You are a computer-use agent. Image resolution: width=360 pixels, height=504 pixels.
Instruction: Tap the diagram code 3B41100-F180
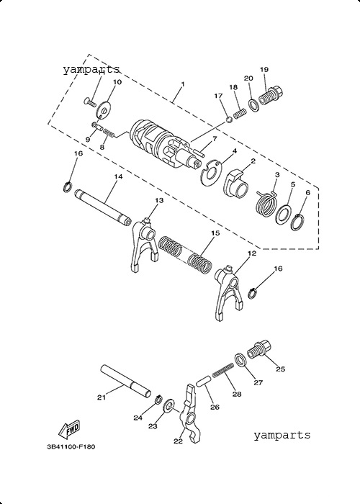pyautogui.click(x=71, y=446)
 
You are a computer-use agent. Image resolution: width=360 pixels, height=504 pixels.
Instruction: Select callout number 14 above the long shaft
pyautogui.click(x=118, y=176)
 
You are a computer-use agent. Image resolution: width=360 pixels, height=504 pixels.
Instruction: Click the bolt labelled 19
pyautogui.click(x=271, y=95)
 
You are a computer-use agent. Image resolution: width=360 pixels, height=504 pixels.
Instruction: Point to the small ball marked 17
pyautogui.click(x=229, y=120)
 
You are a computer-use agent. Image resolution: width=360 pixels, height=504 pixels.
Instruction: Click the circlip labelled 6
pyautogui.click(x=297, y=222)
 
